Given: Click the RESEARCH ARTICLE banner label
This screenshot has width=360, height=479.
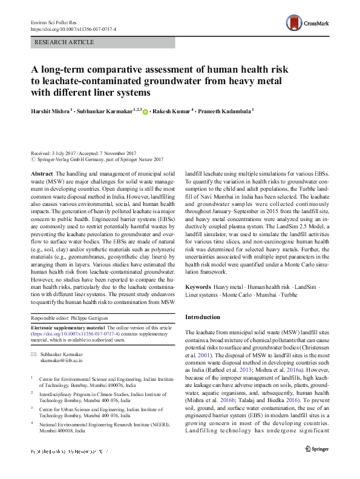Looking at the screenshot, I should tap(65, 42).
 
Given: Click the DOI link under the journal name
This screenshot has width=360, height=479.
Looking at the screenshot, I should tap(73, 28).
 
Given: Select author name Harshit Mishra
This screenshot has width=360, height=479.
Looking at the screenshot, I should tap(53, 111).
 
